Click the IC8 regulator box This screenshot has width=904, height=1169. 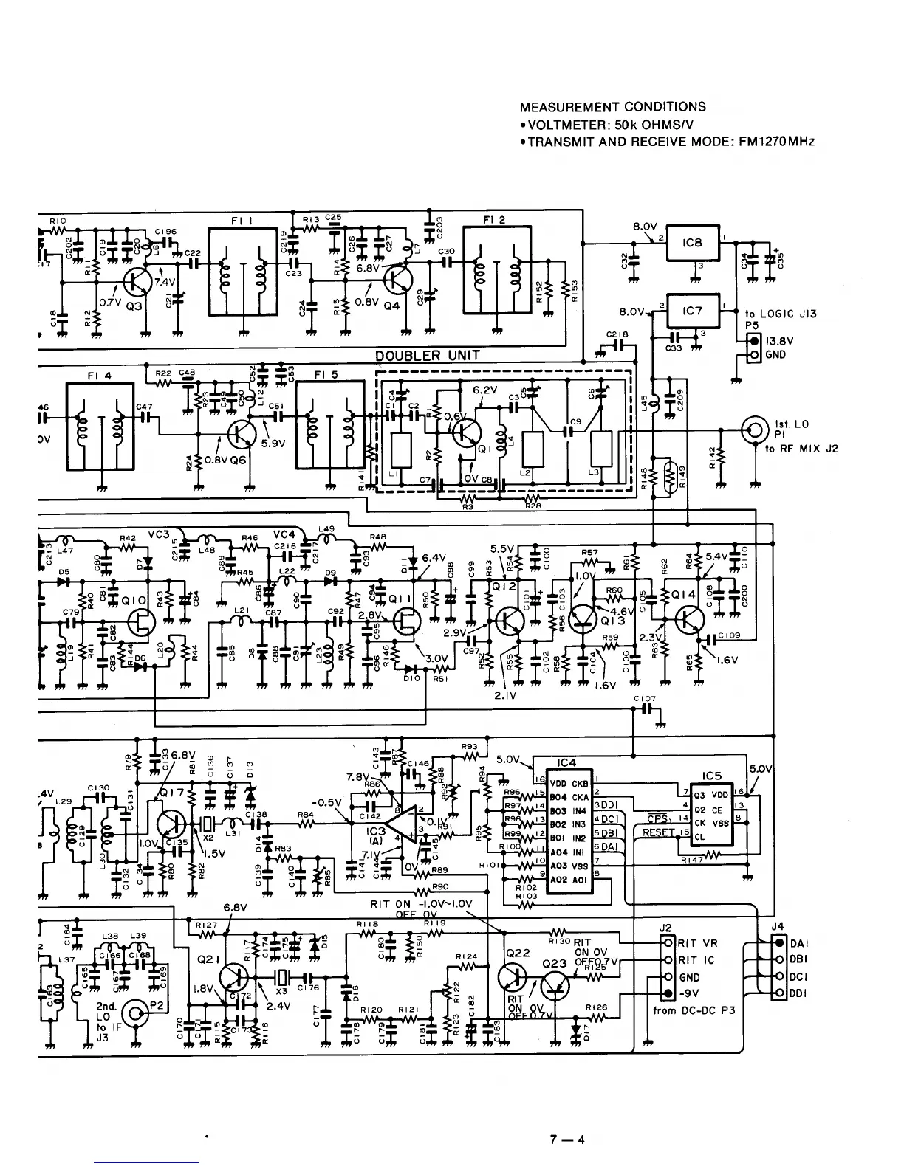click(x=693, y=242)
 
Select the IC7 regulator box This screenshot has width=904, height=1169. click(x=693, y=311)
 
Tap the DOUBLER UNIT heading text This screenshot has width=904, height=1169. click(x=428, y=356)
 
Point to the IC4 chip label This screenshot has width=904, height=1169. click(x=567, y=762)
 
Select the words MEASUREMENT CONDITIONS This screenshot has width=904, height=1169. click(x=612, y=107)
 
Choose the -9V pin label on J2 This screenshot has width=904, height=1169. click(x=692, y=993)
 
